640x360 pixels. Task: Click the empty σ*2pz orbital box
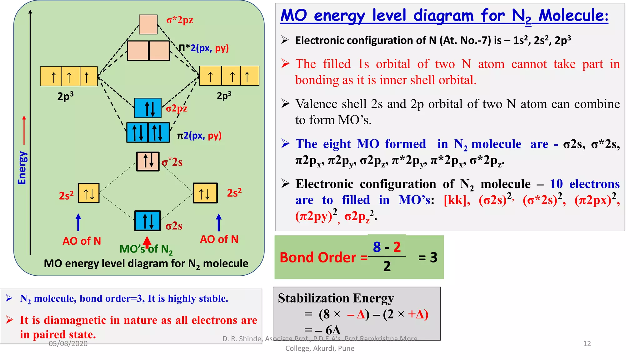click(x=148, y=24)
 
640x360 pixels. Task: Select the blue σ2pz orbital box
click(x=148, y=108)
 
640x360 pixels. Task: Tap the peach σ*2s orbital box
click(x=148, y=161)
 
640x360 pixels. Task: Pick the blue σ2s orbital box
click(x=147, y=221)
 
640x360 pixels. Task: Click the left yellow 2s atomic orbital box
click(x=88, y=193)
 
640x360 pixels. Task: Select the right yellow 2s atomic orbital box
click(x=205, y=193)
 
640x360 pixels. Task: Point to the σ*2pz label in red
click(x=180, y=20)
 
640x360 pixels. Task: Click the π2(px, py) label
click(x=199, y=136)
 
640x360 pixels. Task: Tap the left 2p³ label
click(x=65, y=96)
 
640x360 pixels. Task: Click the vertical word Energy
click(x=22, y=168)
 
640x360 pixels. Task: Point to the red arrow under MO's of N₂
click(x=147, y=241)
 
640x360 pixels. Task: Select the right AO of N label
click(x=219, y=239)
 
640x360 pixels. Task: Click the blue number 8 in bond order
click(x=377, y=247)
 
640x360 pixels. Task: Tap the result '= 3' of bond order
click(x=428, y=257)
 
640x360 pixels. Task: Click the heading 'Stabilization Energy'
click(x=336, y=298)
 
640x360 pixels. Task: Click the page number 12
click(x=587, y=343)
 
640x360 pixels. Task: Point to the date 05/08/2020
click(x=68, y=343)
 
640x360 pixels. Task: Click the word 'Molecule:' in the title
click(x=573, y=16)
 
